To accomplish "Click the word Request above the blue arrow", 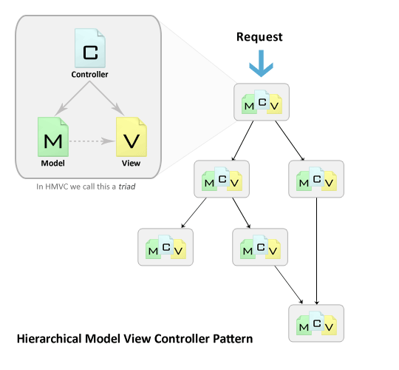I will click(259, 36).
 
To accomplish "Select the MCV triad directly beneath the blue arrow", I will click(262, 102).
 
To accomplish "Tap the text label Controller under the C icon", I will click(90, 75).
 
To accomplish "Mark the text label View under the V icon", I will click(130, 163).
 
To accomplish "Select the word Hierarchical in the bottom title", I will click(50, 339).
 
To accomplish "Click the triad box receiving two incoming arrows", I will click(316, 323).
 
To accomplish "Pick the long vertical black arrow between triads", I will click(316, 252).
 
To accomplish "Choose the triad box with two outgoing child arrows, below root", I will click(221, 178).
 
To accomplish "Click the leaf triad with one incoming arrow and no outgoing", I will click(166, 248).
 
